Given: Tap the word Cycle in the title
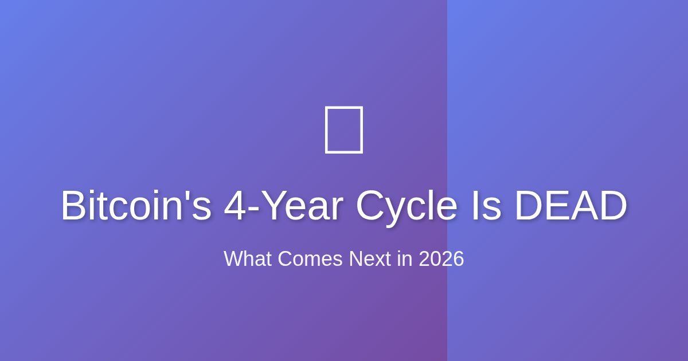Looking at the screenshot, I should [406, 206].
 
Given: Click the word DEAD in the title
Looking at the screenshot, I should [570, 206].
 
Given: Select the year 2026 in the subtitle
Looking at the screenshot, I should [441, 259].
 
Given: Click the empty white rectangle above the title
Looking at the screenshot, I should [344, 130].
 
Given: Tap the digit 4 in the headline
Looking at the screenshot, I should [235, 206].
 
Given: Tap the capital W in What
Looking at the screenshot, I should [232, 259].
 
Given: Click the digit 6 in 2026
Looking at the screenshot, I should [458, 259].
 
